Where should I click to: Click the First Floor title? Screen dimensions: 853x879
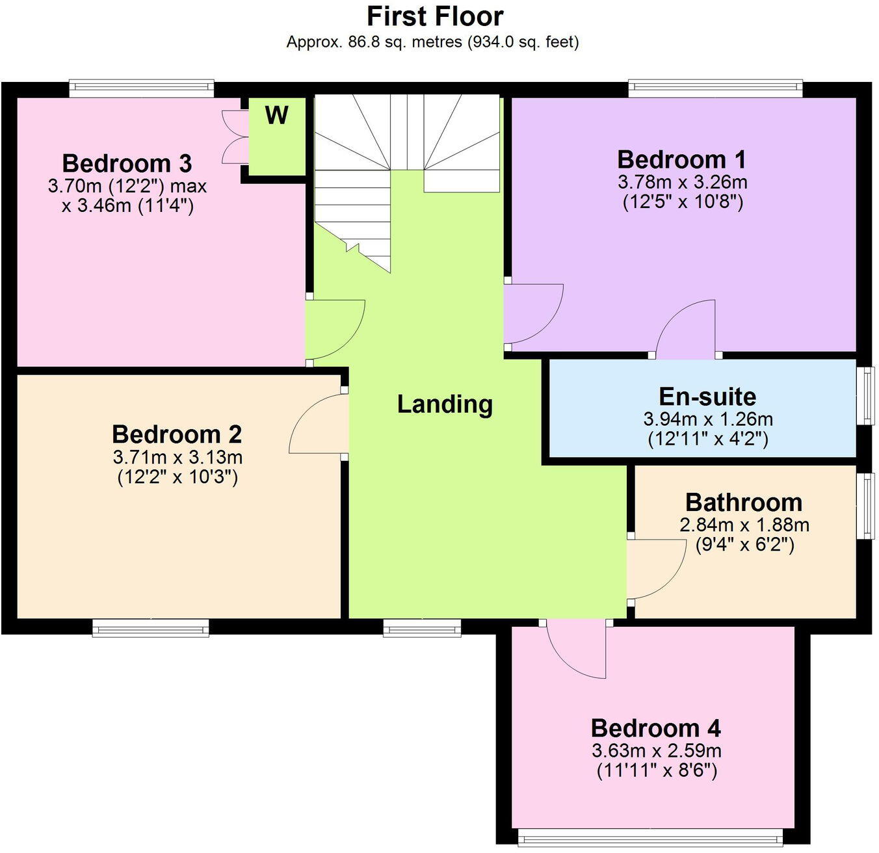click(x=435, y=16)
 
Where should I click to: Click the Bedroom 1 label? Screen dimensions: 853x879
click(x=681, y=159)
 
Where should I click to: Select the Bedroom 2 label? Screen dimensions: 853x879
click(x=177, y=434)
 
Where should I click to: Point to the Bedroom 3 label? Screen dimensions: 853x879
click(x=127, y=163)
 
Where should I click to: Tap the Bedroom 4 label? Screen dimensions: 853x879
click(x=655, y=728)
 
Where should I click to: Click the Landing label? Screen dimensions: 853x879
click(x=445, y=404)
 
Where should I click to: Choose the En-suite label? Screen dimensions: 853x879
click(x=707, y=397)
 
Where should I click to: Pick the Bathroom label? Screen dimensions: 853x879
click(x=744, y=503)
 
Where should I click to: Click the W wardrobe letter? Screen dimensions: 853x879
click(x=276, y=116)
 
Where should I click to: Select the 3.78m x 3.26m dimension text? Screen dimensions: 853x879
click(x=682, y=181)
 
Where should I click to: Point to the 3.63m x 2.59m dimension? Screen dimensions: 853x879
click(x=656, y=751)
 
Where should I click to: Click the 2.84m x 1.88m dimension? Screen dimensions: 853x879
click(x=744, y=524)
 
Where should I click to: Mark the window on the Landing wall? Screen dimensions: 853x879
click(x=422, y=627)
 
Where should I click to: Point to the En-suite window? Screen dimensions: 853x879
click(x=865, y=397)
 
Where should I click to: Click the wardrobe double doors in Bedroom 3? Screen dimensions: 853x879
click(x=233, y=137)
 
